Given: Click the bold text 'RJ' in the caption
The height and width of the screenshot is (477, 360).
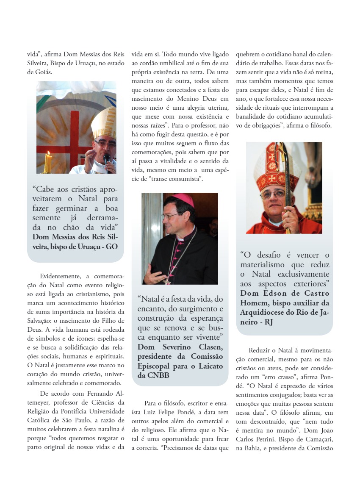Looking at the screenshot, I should tap(269, 322).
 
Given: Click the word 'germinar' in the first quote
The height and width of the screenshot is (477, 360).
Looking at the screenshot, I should tap(69, 208).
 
